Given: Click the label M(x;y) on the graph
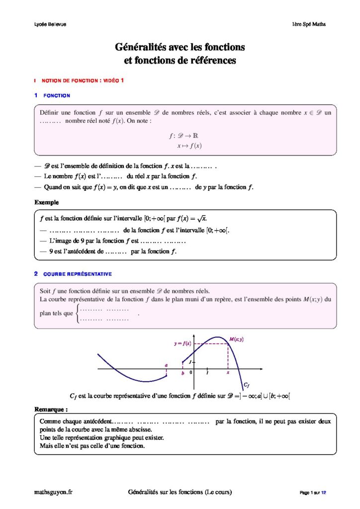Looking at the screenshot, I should point(236,339).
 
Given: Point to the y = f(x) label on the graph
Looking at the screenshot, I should point(182,343).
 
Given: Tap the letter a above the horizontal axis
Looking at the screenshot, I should point(166,365).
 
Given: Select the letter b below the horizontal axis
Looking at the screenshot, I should point(183,373).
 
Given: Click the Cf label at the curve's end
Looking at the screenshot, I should point(246,385).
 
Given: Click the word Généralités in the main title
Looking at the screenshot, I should point(140,48).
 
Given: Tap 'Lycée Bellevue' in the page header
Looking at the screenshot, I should point(50,24).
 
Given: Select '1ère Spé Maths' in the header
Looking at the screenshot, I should point(309,24).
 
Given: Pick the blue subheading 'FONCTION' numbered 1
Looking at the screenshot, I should point(57,95).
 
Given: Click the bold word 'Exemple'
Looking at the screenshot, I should point(46,202).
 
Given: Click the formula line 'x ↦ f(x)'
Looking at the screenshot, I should point(189,146).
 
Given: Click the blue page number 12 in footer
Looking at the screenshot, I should point(324,493).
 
